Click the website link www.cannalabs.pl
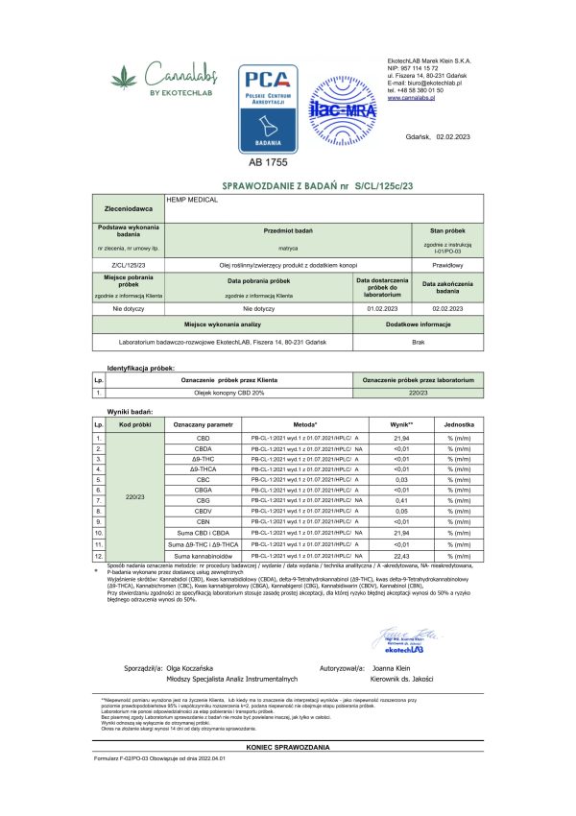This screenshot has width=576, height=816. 416,97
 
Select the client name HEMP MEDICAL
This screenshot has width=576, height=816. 193,199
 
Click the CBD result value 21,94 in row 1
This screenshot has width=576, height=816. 389,438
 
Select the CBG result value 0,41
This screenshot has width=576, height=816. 389,500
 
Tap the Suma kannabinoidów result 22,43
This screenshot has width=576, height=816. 389,555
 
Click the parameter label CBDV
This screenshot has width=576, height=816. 202,512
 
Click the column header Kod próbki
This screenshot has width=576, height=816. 132,423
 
